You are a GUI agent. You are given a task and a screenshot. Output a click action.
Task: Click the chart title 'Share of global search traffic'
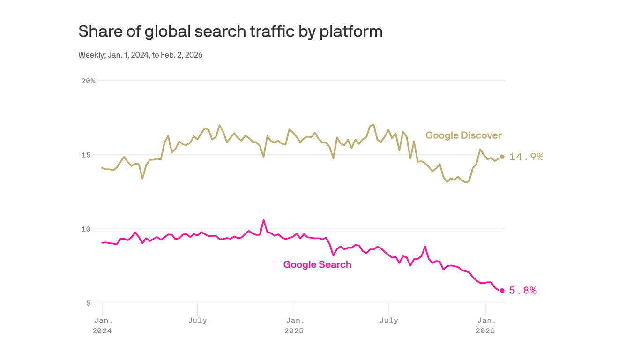click(x=230, y=31)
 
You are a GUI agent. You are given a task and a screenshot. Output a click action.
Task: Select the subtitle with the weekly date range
click(x=140, y=55)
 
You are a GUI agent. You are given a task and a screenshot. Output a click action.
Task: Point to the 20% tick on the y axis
click(x=88, y=81)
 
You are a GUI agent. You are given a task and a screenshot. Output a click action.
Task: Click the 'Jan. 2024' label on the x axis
click(x=103, y=325)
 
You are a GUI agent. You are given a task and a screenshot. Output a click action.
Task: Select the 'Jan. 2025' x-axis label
click(x=294, y=325)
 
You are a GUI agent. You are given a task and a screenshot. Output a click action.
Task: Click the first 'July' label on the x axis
click(x=198, y=321)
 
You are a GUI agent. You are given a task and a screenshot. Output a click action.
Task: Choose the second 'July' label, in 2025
click(x=389, y=321)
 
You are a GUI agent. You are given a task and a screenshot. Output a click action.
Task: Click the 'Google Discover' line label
click(x=463, y=135)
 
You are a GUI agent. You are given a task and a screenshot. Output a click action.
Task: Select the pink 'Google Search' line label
click(x=317, y=264)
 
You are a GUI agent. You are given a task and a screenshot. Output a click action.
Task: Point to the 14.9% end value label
click(x=526, y=157)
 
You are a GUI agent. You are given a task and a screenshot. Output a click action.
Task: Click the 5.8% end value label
click(x=522, y=291)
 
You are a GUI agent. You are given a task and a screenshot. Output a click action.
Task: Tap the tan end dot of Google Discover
click(x=502, y=157)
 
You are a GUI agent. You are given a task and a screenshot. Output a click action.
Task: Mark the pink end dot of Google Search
click(x=502, y=291)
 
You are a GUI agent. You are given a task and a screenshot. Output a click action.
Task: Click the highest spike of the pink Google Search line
click(x=263, y=220)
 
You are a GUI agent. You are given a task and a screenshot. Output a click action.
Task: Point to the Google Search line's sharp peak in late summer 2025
click(x=425, y=247)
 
